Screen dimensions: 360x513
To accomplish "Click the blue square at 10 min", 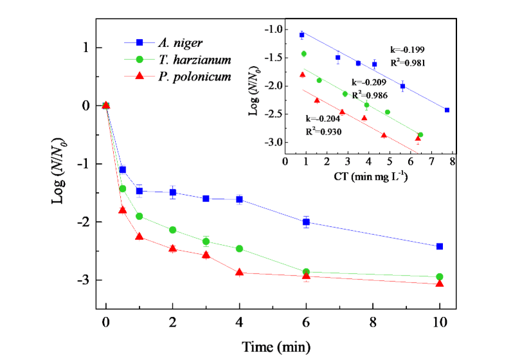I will click(440, 246).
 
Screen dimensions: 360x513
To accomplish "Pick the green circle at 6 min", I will click(306, 272).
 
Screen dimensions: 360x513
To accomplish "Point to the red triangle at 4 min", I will click(239, 273).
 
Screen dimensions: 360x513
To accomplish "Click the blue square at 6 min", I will click(306, 222).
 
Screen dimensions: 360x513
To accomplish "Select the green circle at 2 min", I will click(172, 230).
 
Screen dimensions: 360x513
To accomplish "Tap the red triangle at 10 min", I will click(440, 283).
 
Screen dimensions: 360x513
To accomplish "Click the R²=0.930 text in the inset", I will click(323, 131).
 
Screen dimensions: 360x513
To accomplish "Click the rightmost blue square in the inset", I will click(447, 110).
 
